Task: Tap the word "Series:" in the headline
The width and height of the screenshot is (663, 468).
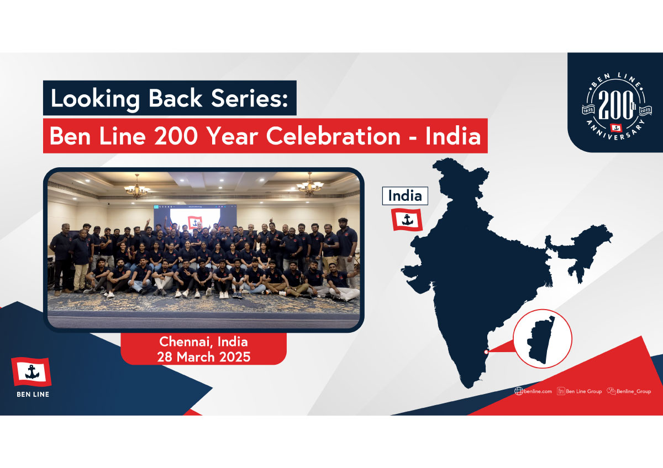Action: (x=250, y=98)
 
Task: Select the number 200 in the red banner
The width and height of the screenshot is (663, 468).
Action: (x=176, y=136)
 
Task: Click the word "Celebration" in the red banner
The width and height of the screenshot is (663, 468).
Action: (x=333, y=136)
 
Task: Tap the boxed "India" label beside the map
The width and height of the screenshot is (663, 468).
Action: (x=405, y=196)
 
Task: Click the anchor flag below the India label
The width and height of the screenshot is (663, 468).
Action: (x=407, y=220)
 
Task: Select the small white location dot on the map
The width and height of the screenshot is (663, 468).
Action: (x=486, y=352)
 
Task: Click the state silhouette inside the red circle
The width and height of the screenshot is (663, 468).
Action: (x=540, y=340)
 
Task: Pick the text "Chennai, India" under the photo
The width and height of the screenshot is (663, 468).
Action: (x=203, y=342)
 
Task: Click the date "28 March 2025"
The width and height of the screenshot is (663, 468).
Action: (x=204, y=357)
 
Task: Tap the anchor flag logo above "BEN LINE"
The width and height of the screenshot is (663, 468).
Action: (x=31, y=371)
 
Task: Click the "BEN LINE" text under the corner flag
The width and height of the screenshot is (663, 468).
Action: (x=33, y=395)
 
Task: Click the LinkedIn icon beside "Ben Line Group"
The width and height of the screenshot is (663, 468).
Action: (x=561, y=391)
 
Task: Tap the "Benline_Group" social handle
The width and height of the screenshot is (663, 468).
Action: (x=634, y=391)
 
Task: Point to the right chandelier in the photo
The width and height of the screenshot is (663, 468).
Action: (x=309, y=184)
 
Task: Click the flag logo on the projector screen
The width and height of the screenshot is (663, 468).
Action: (x=194, y=222)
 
